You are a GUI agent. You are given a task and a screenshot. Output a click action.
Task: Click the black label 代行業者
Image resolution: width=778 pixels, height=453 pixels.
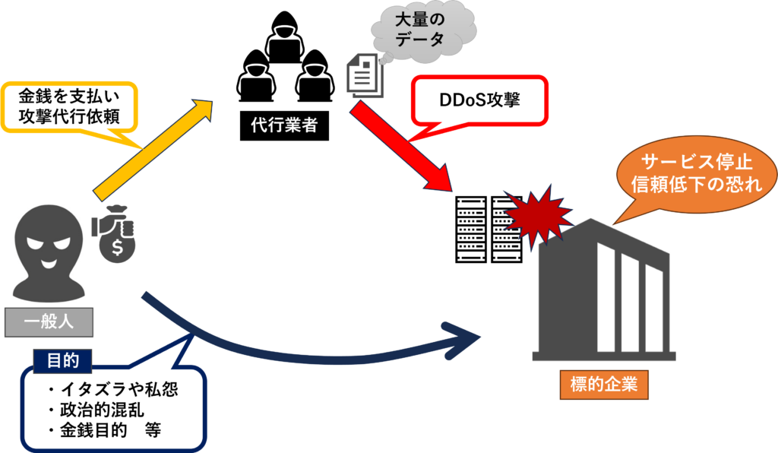click(284, 125)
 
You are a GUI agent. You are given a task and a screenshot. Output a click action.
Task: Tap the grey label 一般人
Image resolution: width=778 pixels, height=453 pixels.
click(49, 322)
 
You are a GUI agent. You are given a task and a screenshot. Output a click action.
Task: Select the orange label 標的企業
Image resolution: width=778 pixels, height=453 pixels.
click(604, 385)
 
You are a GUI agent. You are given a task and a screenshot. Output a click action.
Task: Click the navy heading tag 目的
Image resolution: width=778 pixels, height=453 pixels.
click(62, 361)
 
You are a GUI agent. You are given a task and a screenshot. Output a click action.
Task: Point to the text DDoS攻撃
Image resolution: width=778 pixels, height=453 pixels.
click(479, 100)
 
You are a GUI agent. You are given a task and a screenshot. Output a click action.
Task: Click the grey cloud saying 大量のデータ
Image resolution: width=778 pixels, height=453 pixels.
click(423, 32)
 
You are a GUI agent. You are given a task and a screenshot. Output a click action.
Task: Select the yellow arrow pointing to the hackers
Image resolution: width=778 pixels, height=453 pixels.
click(153, 150)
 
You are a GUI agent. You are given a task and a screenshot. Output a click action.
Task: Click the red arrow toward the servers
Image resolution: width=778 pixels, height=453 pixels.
click(401, 145)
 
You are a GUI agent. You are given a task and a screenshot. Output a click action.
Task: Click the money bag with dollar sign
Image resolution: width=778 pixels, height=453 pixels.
click(114, 233)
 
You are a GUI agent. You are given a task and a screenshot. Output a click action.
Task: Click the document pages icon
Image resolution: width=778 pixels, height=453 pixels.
click(365, 75)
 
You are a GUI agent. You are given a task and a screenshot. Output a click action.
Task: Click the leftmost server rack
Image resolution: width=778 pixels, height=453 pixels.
click(471, 230)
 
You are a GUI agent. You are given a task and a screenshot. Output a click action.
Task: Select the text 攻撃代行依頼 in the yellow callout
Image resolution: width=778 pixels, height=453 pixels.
click(69, 116)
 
